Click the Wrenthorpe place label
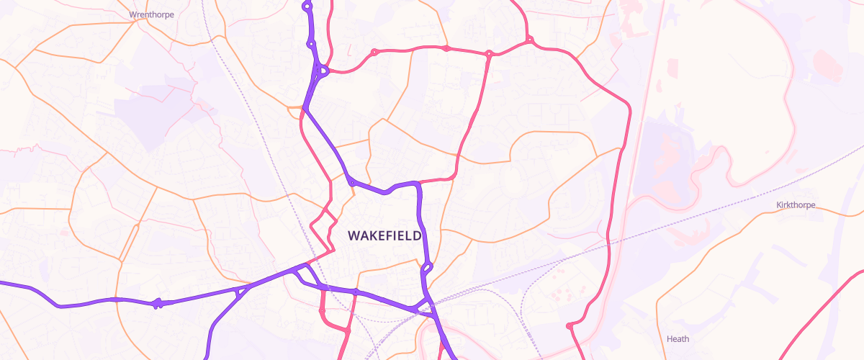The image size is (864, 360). [151, 14]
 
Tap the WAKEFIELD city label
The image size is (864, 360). [384, 235]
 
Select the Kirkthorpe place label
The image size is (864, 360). [796, 205]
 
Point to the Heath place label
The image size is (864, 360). [678, 339]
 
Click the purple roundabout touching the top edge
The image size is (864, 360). [307, 6]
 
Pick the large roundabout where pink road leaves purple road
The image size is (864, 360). [322, 71]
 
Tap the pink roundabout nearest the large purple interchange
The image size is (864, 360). [374, 52]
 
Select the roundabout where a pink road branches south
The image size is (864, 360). [488, 54]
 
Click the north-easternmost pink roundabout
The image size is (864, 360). [529, 40]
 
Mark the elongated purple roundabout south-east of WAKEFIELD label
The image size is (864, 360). [427, 269]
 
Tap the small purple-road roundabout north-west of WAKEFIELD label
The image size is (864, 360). [351, 181]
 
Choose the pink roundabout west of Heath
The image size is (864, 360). [570, 326]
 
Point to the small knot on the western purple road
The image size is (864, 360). [157, 303]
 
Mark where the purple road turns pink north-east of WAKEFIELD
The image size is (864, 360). [418, 182]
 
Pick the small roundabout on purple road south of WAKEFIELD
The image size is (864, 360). [355, 290]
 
